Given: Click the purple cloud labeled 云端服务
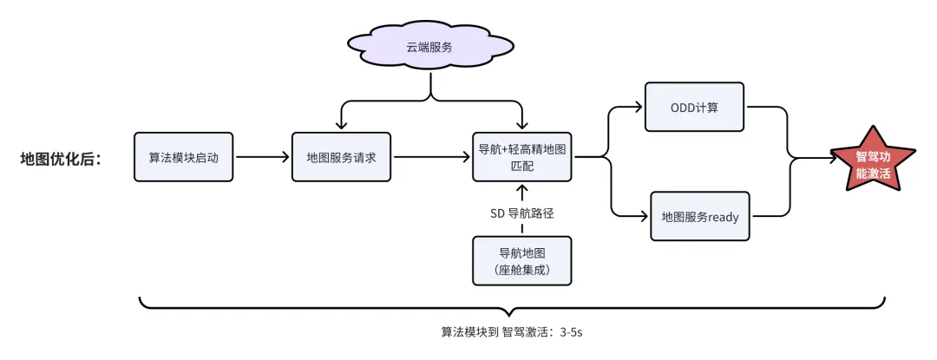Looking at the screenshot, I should [x=431, y=47].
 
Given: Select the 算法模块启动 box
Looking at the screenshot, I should [x=184, y=157].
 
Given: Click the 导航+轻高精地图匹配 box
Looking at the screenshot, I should [x=522, y=157].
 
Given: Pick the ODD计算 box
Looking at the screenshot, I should [x=694, y=108].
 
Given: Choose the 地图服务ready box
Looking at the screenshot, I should [x=699, y=216].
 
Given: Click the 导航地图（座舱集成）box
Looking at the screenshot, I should [x=522, y=261].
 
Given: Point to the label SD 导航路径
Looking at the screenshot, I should [x=522, y=213].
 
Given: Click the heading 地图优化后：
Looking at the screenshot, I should [x=62, y=159].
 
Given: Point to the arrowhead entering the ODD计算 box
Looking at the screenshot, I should [x=639, y=108].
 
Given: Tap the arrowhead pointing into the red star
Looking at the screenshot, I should [x=829, y=159].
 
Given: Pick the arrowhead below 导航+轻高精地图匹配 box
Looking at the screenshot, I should [x=522, y=187].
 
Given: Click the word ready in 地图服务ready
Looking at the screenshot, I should [x=723, y=217].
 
